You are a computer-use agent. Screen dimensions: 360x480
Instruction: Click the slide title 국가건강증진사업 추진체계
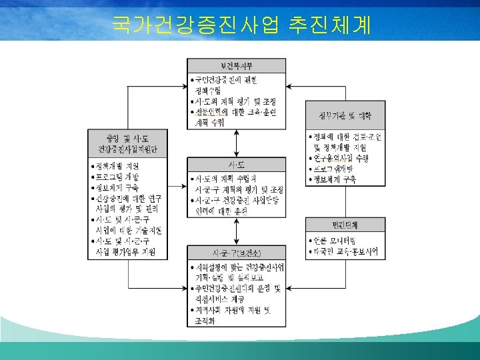[242, 25]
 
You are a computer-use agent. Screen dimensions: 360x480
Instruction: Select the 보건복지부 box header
[237, 65]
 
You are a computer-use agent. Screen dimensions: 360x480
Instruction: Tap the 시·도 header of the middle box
[237, 164]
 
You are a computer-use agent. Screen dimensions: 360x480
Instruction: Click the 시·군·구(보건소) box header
[237, 253]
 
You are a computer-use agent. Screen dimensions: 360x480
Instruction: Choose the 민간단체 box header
[345, 225]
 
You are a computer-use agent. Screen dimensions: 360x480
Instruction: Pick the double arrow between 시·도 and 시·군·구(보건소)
[237, 231]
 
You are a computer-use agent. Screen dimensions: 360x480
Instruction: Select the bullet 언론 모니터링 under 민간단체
[337, 239]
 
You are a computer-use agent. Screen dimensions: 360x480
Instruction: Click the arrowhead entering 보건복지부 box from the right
[289, 85]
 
